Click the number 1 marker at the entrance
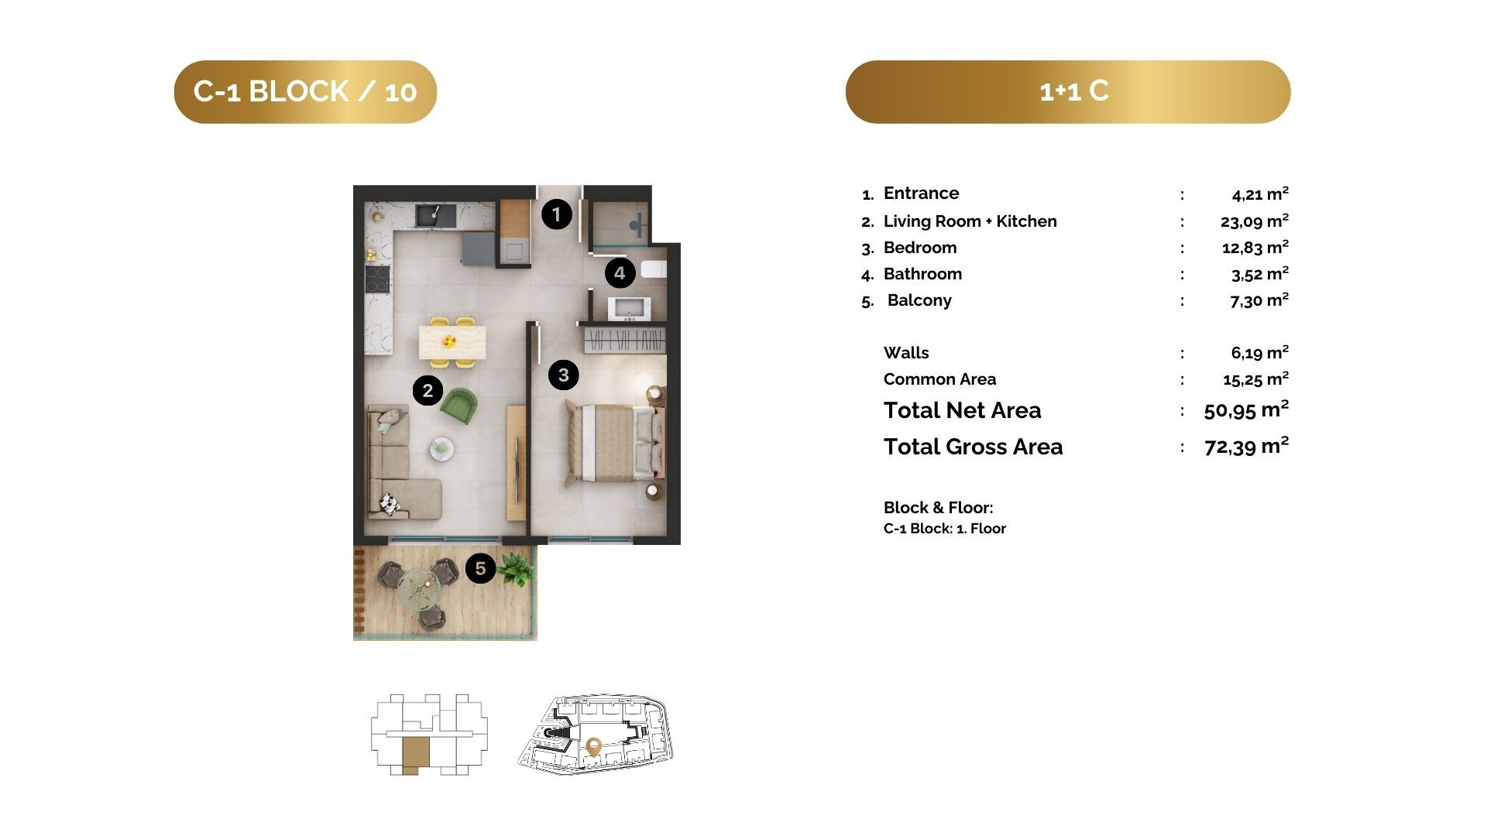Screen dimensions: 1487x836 (x=556, y=214)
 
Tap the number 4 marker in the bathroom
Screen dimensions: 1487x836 (x=620, y=272)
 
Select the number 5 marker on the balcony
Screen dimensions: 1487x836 (x=480, y=569)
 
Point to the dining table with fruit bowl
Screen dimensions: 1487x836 (x=452, y=342)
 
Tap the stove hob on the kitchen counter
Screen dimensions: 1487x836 (x=378, y=279)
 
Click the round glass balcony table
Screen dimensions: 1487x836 (x=419, y=588)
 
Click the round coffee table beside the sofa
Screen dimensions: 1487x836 (x=442, y=447)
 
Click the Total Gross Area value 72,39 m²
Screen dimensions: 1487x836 (x=1247, y=446)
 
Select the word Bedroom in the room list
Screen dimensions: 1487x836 (x=920, y=248)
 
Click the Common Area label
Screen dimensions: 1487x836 (x=939, y=379)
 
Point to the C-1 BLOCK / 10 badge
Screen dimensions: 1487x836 (x=305, y=92)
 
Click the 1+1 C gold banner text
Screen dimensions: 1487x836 (x=1074, y=91)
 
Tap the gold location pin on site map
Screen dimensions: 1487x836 (x=594, y=747)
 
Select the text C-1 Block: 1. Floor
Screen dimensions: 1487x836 (x=945, y=529)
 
